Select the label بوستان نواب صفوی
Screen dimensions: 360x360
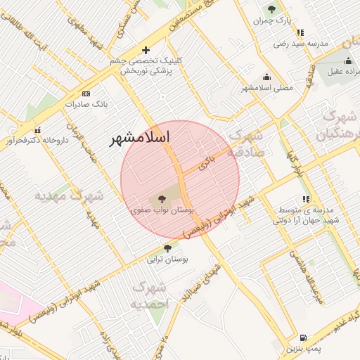162,210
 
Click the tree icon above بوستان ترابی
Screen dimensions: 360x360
167,248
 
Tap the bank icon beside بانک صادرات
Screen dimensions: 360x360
86,94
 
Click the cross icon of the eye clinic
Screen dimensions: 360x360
146,50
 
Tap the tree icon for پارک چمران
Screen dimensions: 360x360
272,10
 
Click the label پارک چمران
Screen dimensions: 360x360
273,21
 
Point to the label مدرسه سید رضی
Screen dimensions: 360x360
301,44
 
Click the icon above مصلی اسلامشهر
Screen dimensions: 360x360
266,77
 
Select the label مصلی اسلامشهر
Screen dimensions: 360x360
266,88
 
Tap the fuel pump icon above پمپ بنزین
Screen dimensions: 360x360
304,338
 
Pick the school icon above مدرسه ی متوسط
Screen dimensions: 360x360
306,200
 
